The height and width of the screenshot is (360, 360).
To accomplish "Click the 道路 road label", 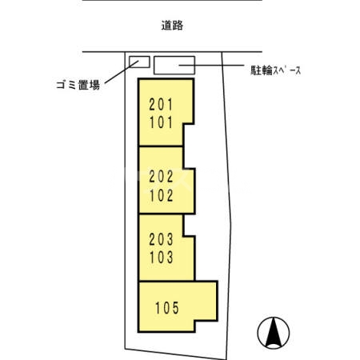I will click(x=172, y=26).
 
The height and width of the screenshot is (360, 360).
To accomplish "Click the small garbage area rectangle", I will click(x=140, y=62).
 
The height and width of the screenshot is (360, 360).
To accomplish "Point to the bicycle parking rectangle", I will click(x=174, y=65).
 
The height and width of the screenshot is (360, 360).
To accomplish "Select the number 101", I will click(x=160, y=123).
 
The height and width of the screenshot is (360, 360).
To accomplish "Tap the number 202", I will click(x=161, y=178).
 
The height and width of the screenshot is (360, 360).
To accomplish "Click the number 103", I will click(x=161, y=258).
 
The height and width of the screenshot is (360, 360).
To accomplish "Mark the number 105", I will click(x=167, y=306).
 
